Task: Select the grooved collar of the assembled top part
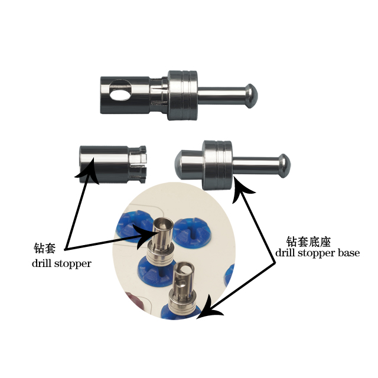[x=184, y=94]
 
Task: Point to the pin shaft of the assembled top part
[x=221, y=94]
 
